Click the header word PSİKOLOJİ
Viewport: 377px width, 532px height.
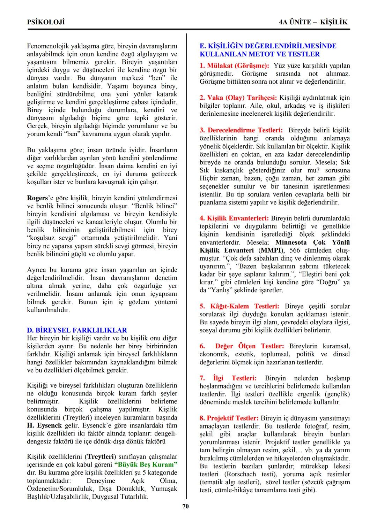coord(46,22)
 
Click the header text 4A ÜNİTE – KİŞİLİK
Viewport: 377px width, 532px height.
coord(313,22)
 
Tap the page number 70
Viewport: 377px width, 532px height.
coord(186,506)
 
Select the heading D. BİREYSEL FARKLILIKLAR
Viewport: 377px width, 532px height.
coord(77,330)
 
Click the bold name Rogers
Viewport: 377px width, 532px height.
coord(37,198)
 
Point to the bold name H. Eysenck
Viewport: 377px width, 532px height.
coord(44,425)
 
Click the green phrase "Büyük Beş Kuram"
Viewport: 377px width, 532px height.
coord(146,464)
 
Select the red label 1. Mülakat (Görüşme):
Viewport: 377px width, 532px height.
coord(234,65)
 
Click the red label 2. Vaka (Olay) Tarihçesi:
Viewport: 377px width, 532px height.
coord(238,98)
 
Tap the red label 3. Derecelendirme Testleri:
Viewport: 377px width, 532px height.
coord(241,130)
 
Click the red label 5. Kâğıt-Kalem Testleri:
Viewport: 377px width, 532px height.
coord(239,306)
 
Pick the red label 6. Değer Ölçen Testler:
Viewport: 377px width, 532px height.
coord(242,346)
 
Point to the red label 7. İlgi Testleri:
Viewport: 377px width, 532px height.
coord(228,378)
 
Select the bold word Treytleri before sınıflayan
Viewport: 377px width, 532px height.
coord(101,456)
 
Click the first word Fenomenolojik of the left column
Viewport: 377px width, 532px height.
coord(48,46)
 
